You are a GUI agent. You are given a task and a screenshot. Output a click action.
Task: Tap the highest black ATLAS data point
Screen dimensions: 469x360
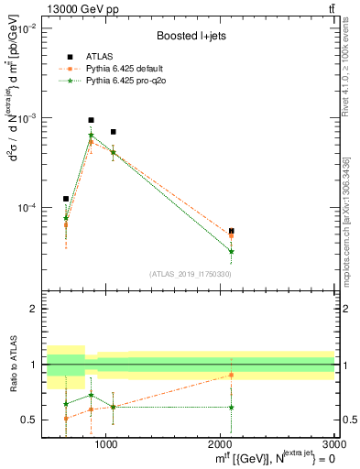click(91, 120)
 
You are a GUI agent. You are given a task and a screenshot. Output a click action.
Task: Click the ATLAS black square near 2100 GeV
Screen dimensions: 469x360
click(232, 232)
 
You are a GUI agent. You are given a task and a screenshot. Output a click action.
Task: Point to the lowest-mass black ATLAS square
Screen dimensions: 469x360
click(66, 199)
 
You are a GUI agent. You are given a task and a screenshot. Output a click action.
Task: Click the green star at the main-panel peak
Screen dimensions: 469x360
click(91, 136)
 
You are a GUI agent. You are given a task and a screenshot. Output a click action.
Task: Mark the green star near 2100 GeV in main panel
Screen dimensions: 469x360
click(232, 251)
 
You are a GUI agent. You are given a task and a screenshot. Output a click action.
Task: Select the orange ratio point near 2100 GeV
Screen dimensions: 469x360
click(232, 375)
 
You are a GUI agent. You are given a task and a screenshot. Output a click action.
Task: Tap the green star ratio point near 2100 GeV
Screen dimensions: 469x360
click(232, 408)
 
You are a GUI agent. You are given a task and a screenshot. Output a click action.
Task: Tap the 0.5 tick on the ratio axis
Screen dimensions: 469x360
click(30, 420)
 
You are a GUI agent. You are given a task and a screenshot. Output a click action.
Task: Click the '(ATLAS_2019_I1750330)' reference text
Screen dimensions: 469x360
click(191, 274)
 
